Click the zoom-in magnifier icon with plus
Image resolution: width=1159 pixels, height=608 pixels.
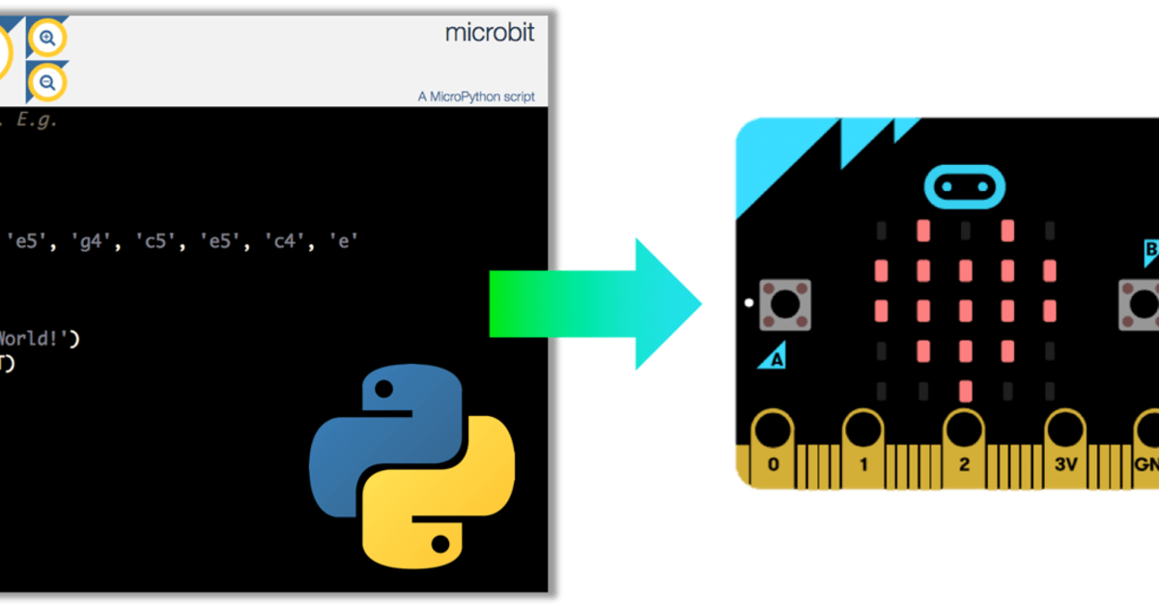46,39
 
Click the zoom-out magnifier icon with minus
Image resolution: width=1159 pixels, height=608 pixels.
46,83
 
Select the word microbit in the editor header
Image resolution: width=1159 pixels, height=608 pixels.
489,33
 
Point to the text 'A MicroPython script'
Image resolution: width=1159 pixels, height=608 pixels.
476,97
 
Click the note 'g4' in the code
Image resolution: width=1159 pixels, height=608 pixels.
88,242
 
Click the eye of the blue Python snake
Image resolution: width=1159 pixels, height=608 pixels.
383,390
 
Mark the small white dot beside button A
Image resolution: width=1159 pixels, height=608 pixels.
749,304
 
